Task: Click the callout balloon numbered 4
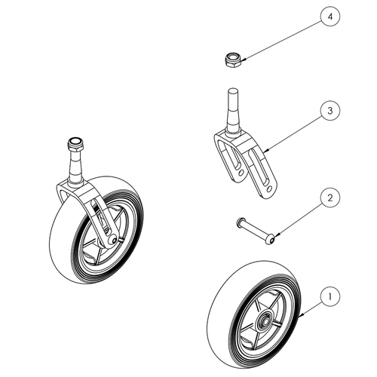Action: pyautogui.click(x=330, y=17)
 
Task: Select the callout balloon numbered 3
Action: pyautogui.click(x=330, y=111)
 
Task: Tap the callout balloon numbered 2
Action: pyautogui.click(x=330, y=198)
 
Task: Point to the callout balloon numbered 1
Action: pyautogui.click(x=330, y=296)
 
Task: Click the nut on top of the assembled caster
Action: pyautogui.click(x=75, y=144)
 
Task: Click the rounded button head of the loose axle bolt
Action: pyautogui.click(x=270, y=240)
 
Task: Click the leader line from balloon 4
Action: pyautogui.click(x=284, y=41)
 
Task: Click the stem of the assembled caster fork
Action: pyautogui.click(x=75, y=167)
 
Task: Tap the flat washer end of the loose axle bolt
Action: pyautogui.click(x=239, y=221)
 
